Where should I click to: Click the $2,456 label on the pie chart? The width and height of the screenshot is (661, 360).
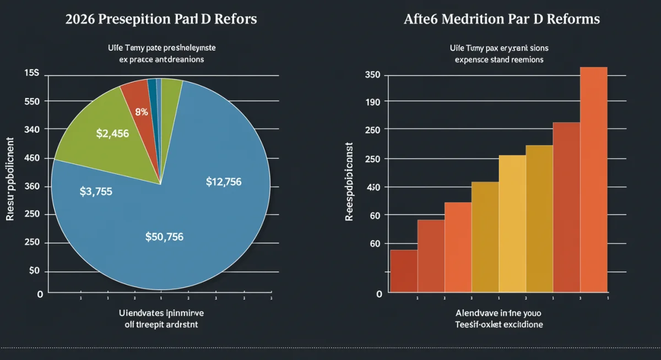click(112, 133)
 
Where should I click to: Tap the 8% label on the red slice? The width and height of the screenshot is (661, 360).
click(142, 112)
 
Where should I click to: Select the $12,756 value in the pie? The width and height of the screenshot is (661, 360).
click(223, 182)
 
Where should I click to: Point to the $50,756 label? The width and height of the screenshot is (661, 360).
click(164, 237)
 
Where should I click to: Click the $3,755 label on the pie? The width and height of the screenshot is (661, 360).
click(96, 192)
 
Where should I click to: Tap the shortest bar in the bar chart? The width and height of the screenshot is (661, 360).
click(403, 270)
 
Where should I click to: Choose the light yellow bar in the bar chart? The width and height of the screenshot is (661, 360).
click(512, 223)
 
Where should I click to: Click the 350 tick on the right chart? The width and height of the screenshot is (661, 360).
click(373, 75)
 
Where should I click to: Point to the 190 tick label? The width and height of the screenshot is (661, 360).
click(373, 102)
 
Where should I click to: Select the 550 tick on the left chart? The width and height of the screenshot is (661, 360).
click(32, 101)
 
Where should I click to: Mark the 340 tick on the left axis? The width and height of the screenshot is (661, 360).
click(32, 129)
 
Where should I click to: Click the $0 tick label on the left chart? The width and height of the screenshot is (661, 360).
click(34, 271)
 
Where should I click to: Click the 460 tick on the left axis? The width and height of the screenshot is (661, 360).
click(32, 159)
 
